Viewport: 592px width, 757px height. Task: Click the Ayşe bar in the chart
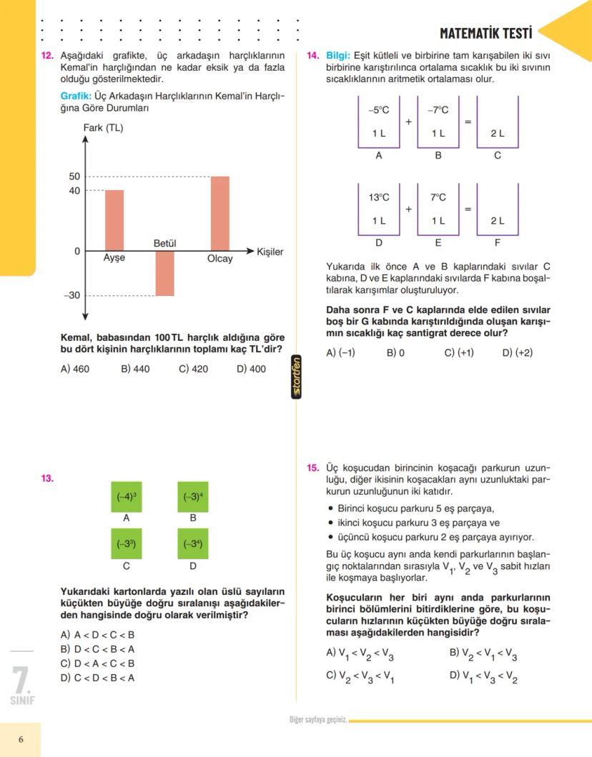(114, 220)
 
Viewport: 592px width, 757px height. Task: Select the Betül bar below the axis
(164, 273)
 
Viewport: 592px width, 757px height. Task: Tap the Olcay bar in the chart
(220, 213)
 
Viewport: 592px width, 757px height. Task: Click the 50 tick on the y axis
(74, 177)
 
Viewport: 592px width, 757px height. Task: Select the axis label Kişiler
(270, 252)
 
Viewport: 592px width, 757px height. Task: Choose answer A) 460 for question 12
(75, 370)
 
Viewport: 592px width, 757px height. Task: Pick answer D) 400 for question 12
(251, 370)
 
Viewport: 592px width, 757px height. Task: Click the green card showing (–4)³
(126, 497)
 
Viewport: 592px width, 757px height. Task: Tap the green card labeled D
(193, 544)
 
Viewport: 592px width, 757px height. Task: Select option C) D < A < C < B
(97, 663)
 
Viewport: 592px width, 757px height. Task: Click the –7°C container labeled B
(438, 122)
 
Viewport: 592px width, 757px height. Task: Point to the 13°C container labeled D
(379, 209)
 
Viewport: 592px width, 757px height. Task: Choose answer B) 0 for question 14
(395, 352)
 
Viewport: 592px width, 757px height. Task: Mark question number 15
(313, 468)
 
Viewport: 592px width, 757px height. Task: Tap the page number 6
(21, 740)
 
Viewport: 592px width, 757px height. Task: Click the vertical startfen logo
(297, 377)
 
